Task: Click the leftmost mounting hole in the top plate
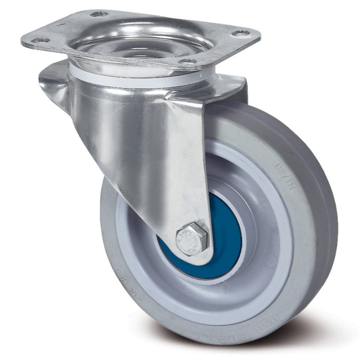40,40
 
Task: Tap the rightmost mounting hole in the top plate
240,33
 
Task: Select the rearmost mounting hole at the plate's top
99,14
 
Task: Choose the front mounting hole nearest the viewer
188,61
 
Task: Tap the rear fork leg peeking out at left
54,83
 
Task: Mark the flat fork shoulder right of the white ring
230,85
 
